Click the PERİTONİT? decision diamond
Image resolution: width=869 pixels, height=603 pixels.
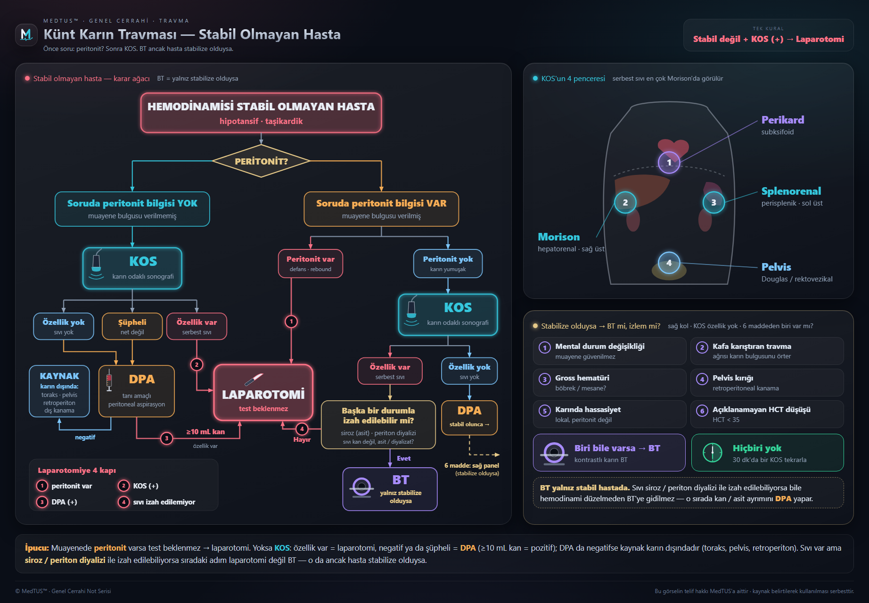point(261,161)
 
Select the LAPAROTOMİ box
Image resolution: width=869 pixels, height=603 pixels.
point(263,392)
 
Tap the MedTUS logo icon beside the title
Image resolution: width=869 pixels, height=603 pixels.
point(26,34)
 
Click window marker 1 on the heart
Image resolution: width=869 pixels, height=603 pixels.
point(669,162)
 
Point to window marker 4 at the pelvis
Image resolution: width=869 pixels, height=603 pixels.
point(669,263)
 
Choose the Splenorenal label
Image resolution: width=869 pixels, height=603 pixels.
point(791,191)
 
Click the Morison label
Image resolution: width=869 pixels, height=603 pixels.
point(559,237)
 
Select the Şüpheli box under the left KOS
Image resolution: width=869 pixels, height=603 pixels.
point(132,326)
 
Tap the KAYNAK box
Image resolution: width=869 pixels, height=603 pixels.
point(59,391)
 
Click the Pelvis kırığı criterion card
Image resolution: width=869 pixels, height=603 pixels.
point(767,382)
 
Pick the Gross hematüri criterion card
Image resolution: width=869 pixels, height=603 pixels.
point(609,382)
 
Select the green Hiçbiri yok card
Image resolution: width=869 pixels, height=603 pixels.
point(767,453)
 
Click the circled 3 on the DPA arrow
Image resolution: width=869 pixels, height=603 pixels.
point(166,438)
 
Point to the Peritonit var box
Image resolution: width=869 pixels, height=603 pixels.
point(311,264)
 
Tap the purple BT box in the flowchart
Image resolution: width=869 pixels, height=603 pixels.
point(390,489)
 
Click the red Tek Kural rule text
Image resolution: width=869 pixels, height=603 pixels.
point(768,39)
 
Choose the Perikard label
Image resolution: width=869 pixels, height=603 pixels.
point(783,120)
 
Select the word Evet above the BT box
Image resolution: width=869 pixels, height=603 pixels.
point(403,458)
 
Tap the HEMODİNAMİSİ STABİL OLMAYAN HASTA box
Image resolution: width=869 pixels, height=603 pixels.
point(261,113)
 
